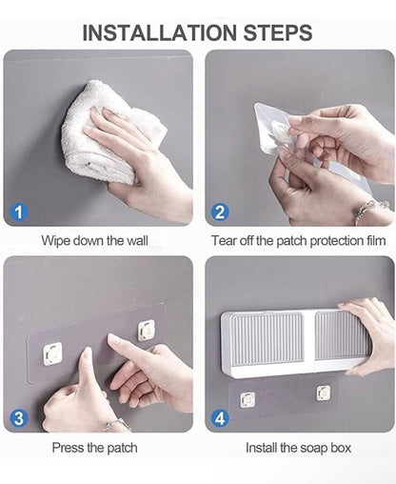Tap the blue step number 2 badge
coord(220,212)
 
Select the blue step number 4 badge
coord(220,417)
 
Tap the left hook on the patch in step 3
coord(53,352)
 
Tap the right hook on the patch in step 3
coord(146,330)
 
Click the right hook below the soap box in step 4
coord(324,392)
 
